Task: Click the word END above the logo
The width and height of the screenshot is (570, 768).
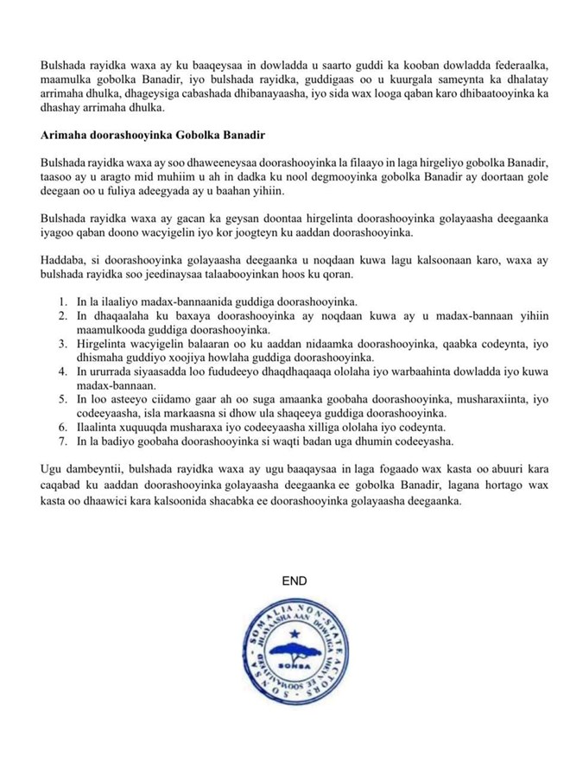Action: click(x=294, y=581)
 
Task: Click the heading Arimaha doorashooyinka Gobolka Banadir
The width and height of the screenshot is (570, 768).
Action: click(x=151, y=136)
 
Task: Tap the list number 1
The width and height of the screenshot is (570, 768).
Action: click(x=63, y=301)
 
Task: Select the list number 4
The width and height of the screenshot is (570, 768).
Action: click(x=63, y=371)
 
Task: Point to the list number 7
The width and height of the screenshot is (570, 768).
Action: click(x=63, y=441)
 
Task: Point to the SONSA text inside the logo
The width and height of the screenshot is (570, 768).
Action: click(x=294, y=667)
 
